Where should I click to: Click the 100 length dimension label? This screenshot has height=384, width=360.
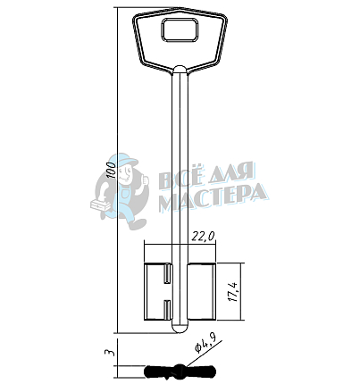(x=112, y=170)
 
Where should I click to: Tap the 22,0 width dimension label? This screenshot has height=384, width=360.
(x=203, y=236)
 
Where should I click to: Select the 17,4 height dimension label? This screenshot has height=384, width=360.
(x=234, y=292)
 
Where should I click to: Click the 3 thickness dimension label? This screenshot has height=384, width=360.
(x=110, y=352)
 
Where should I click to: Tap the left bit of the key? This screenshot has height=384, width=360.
(x=158, y=292)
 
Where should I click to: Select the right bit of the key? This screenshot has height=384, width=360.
(x=202, y=292)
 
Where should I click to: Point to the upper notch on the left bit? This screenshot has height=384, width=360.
(x=167, y=273)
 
